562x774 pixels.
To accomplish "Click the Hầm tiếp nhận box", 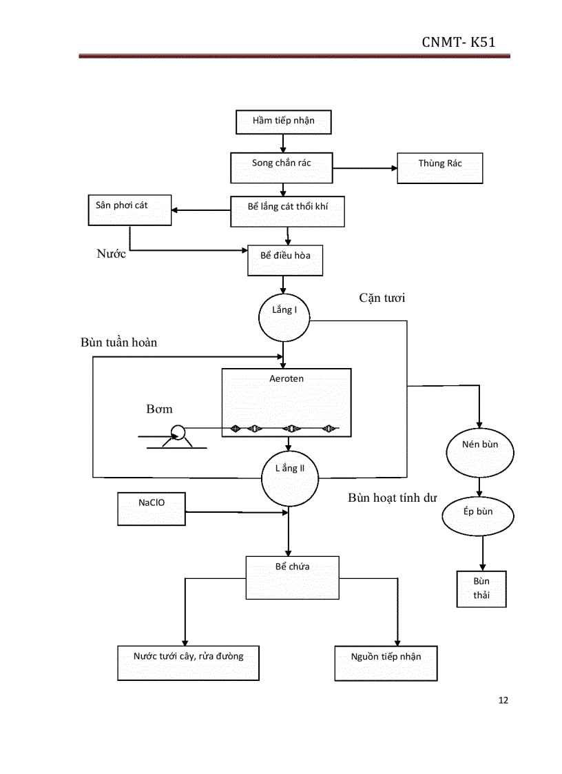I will tap(283, 121).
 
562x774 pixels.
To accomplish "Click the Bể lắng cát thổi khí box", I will tap(287, 210).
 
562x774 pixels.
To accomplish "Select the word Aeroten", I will tap(287, 378).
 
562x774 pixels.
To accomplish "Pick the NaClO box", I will tap(152, 509).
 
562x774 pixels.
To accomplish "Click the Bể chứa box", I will tap(293, 576).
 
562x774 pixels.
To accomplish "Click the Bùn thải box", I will tap(481, 589).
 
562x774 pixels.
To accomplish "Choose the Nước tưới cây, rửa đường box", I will tap(188, 662).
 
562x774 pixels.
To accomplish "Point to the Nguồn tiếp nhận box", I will tap(386, 662).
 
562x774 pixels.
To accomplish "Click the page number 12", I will tap(503, 700).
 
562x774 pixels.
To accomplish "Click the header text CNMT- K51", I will tap(458, 43).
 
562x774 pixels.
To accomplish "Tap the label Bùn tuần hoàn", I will tap(123, 343).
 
